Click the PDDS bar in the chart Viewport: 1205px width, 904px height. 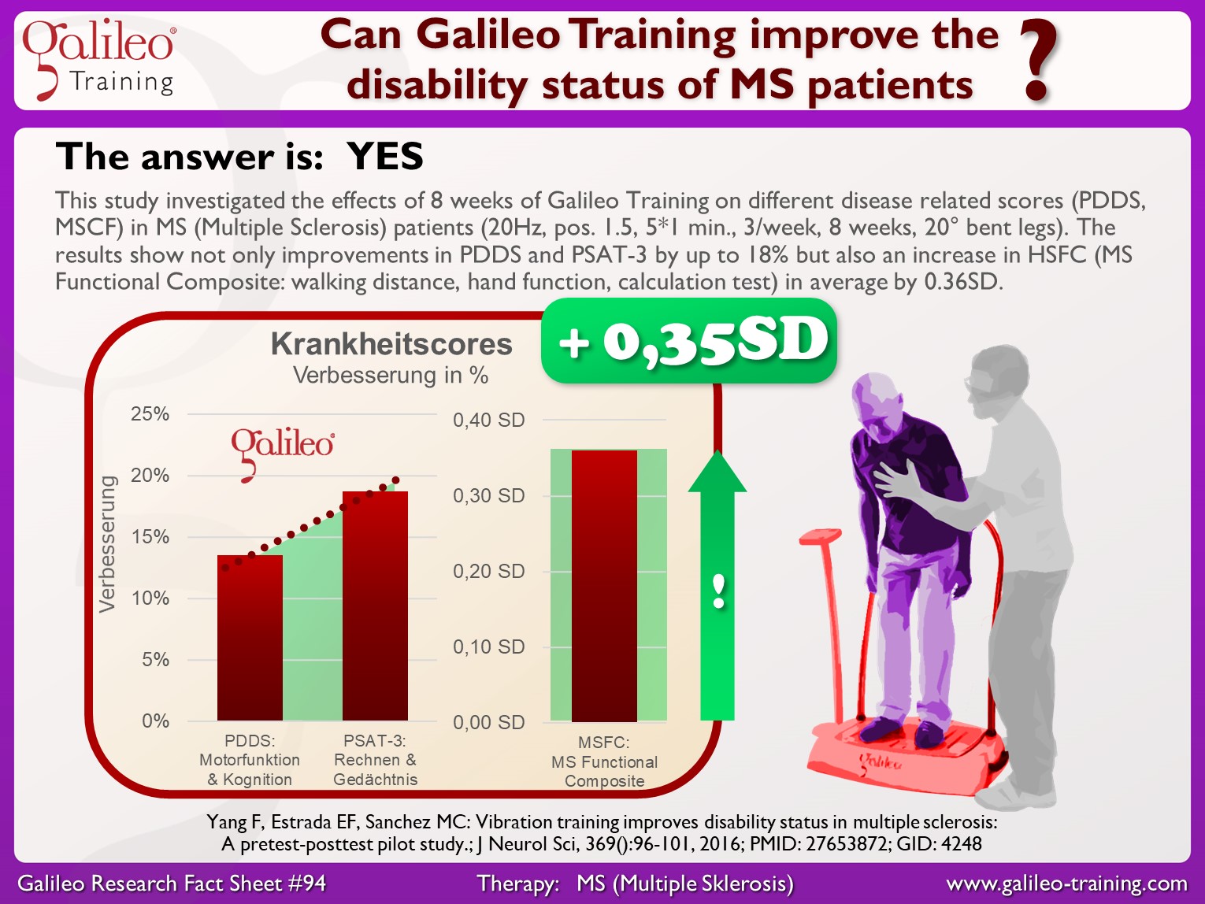[x=250, y=637]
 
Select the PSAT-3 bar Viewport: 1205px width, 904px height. [x=375, y=606]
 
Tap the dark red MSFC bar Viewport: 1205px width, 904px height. [x=604, y=586]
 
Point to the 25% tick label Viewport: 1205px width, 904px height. [x=150, y=414]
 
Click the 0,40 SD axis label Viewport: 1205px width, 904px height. [x=488, y=420]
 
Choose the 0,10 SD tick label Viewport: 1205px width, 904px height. [x=488, y=647]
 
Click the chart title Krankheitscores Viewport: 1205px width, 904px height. [x=391, y=344]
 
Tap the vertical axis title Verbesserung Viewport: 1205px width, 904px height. [x=107, y=543]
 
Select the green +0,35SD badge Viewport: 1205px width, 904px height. [x=689, y=341]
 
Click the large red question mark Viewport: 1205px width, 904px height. [x=1038, y=61]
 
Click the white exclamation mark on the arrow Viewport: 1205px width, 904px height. [x=718, y=591]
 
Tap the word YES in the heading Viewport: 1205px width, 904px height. [x=385, y=157]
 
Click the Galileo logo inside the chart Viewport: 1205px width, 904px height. [x=282, y=454]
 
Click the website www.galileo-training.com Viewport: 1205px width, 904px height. [x=1066, y=884]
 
